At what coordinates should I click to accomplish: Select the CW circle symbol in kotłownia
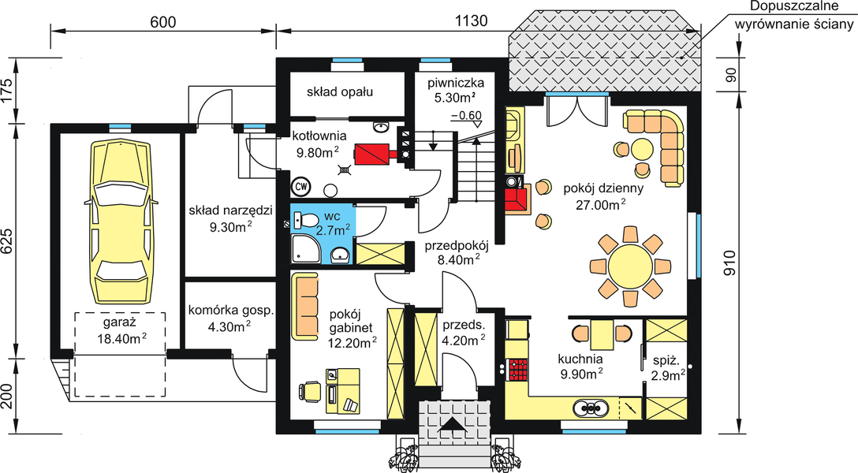coord(301,187)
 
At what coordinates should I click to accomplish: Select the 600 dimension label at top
coord(162,21)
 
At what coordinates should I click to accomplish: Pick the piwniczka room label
coord(450,83)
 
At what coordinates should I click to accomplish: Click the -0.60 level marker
coord(465,115)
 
